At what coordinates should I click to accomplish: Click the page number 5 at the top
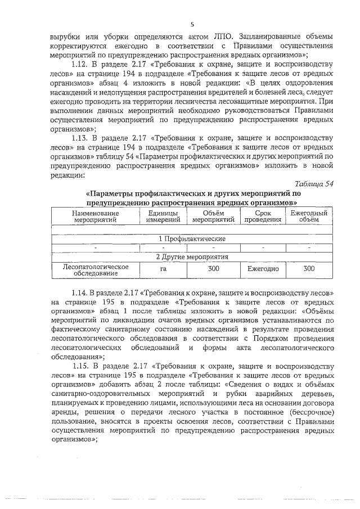pyautogui.click(x=192, y=24)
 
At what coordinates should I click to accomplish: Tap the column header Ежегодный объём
pyautogui.click(x=308, y=217)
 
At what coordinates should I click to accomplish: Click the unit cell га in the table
pyautogui.click(x=163, y=269)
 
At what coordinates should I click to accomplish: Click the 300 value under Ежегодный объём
pyautogui.click(x=309, y=269)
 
